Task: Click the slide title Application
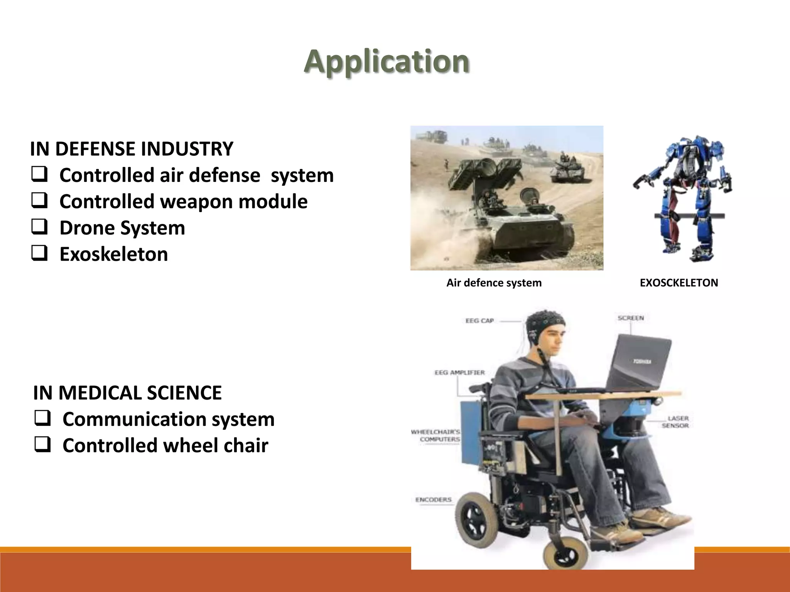click(x=387, y=62)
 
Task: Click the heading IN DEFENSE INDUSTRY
click(x=132, y=149)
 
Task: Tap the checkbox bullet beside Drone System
click(x=39, y=227)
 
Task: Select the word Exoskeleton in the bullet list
click(x=113, y=254)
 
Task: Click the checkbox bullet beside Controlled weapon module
click(x=39, y=201)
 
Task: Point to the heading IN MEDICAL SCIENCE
click(x=127, y=393)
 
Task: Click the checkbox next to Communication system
click(x=42, y=419)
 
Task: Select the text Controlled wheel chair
click(x=165, y=445)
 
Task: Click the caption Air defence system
click(x=494, y=283)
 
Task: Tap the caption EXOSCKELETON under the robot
click(x=679, y=283)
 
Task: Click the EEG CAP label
click(x=479, y=321)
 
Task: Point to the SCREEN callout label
click(x=631, y=318)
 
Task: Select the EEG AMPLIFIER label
click(x=459, y=372)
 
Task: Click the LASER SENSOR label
click(x=676, y=422)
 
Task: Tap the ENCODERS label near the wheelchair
click(x=433, y=499)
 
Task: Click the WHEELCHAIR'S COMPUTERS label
click(x=436, y=436)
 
